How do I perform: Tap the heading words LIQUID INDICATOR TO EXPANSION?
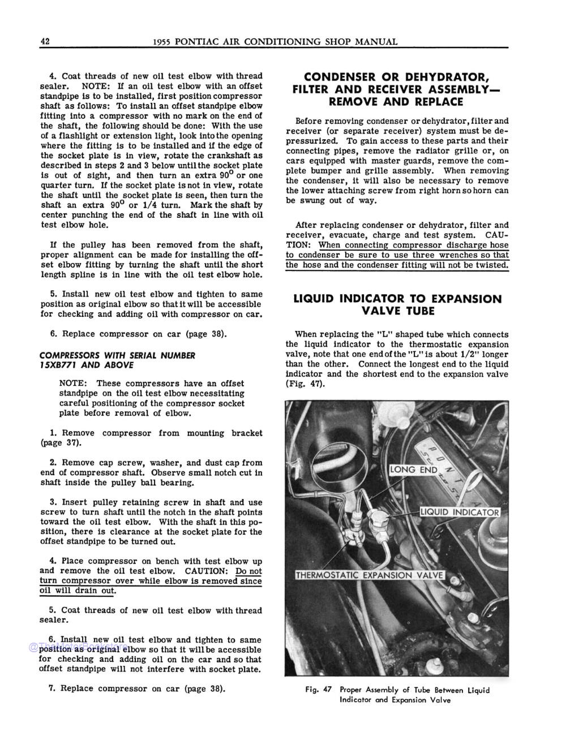(x=397, y=299)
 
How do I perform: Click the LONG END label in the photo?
(x=414, y=470)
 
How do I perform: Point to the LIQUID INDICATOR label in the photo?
(x=460, y=513)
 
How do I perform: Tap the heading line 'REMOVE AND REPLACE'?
(x=396, y=102)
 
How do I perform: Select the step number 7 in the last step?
(x=52, y=688)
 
